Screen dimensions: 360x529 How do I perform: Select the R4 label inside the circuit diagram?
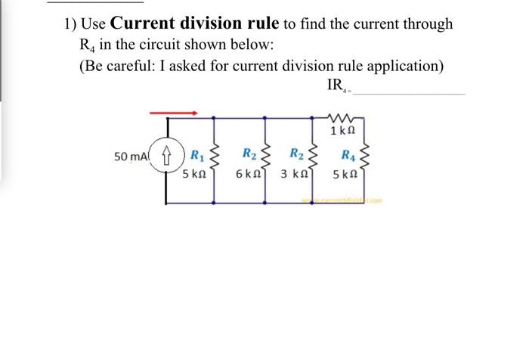click(x=347, y=157)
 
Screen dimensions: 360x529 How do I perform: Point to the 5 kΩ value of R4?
click(x=345, y=173)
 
